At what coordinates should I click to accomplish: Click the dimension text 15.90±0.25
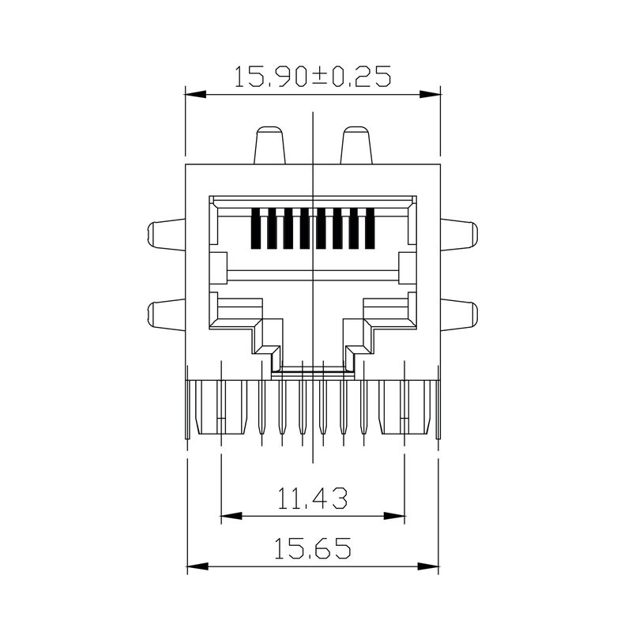(313, 77)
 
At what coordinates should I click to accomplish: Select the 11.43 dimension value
(313, 498)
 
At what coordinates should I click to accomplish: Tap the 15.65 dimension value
(313, 547)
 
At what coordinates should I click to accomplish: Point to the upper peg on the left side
(166, 235)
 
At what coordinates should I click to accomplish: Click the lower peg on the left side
(166, 314)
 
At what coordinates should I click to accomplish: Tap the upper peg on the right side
(460, 235)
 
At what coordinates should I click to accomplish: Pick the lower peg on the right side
(460, 314)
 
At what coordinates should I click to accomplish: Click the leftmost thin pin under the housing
(261, 406)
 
